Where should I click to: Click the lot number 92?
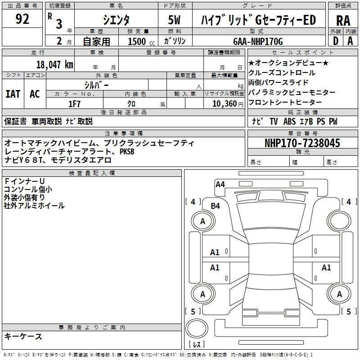coord(22,20)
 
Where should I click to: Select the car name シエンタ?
coord(116,20)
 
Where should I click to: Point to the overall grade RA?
coord(343,20)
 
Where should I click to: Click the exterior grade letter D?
coord(335,40)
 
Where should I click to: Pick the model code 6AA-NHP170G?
coord(258,41)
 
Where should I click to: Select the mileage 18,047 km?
coord(55,64)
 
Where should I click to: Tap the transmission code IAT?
coord(13,94)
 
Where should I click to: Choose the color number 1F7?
coord(74,103)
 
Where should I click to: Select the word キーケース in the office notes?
coord(23,336)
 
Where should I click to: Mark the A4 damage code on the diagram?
coord(220,184)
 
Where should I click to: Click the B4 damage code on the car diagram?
coord(216,206)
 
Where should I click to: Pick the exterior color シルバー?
coord(96,84)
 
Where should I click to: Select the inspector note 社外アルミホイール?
coord(34,206)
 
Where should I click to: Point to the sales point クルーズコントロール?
coord(282,72)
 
